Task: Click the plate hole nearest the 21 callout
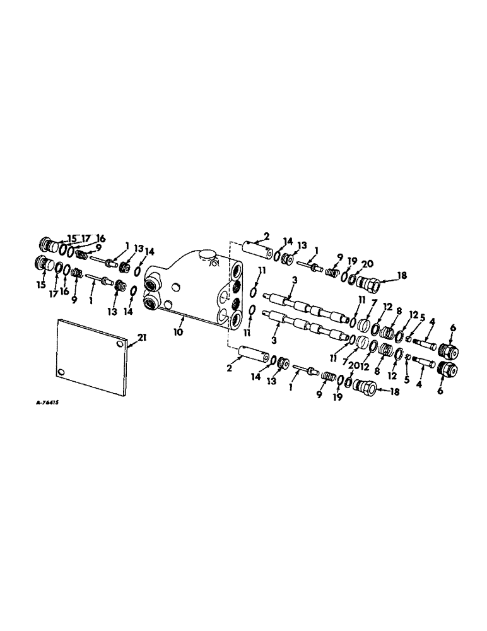tap(120, 346)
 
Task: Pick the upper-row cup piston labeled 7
tap(365, 326)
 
